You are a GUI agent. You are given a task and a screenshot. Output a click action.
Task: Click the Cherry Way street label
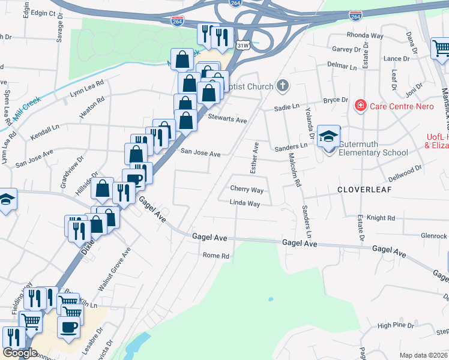tap(247, 190)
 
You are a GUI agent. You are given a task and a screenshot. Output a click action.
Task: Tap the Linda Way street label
tap(244, 204)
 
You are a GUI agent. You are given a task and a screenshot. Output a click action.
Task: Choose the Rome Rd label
tap(216, 256)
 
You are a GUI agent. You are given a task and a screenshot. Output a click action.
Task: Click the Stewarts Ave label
tap(228, 120)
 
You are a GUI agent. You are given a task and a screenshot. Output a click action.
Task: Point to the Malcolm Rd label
tap(294, 169)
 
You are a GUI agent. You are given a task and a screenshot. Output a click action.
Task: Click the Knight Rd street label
tap(381, 218)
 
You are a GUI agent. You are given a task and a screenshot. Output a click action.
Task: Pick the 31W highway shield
tap(243, 45)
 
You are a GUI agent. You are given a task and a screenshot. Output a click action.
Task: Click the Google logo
tap(20, 353)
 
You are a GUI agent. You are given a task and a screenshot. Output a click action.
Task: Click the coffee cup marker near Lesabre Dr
tap(68, 328)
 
